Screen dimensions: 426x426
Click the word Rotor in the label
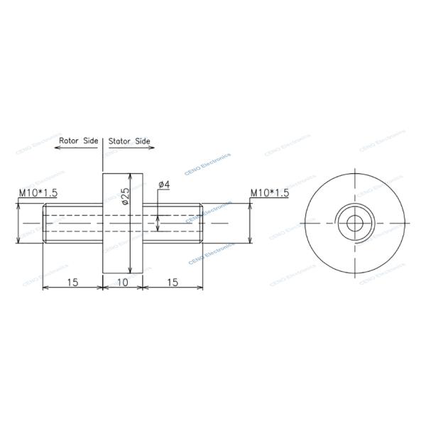pyautogui.click(x=70, y=141)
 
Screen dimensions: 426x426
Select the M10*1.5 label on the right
pyautogui.click(x=269, y=193)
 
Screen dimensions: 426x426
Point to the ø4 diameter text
pyautogui.click(x=163, y=185)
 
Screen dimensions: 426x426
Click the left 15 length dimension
pyautogui.click(x=72, y=282)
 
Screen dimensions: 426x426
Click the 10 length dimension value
pyautogui.click(x=122, y=282)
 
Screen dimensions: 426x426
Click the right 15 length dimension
pyautogui.click(x=173, y=282)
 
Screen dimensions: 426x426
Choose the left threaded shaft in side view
pyautogui.click(x=73, y=223)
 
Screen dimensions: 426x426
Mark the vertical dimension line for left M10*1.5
pyautogui.click(x=18, y=223)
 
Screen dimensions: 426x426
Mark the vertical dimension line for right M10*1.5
pyautogui.click(x=250, y=223)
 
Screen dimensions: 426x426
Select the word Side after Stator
pyautogui.click(x=143, y=141)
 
